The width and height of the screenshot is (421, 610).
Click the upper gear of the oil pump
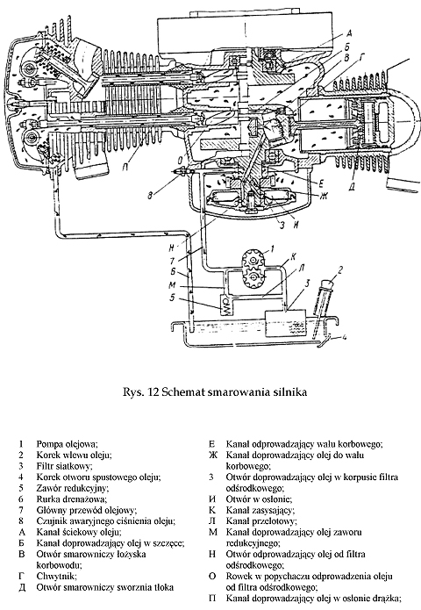tap(253, 260)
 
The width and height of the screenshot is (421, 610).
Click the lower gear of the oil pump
tap(254, 278)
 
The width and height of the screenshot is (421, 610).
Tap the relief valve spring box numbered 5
tap(226, 305)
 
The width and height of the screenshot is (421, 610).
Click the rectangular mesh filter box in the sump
tap(285, 323)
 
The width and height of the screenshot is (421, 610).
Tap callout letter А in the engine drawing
tap(349, 32)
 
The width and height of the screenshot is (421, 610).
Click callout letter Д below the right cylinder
tap(351, 188)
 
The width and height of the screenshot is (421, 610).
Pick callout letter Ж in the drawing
tap(323, 197)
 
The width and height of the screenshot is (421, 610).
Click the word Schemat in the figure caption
tap(182, 391)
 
